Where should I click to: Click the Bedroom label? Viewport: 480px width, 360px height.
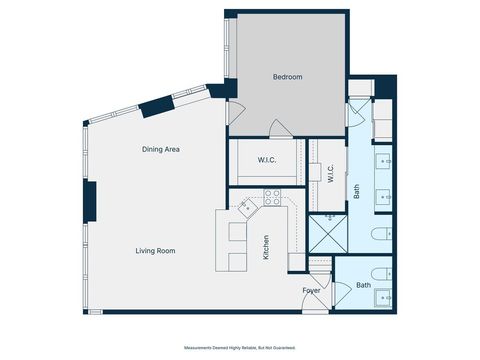[287, 77]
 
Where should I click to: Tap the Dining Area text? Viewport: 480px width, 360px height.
[160, 149]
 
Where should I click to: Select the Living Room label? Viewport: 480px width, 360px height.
[155, 251]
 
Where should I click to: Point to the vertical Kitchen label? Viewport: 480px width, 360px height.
[266, 247]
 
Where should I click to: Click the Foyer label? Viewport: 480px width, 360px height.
[312, 290]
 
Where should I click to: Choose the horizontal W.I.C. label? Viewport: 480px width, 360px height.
[266, 159]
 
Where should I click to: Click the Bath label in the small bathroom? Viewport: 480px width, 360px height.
[363, 285]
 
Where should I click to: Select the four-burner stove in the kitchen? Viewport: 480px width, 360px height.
[247, 208]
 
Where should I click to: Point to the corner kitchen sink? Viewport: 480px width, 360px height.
[272, 202]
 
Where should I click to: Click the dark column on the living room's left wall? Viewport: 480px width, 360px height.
[89, 203]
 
